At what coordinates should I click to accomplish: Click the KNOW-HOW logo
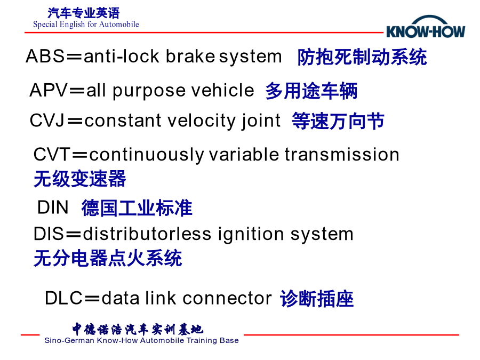click(426, 27)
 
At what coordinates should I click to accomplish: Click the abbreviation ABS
click(45, 57)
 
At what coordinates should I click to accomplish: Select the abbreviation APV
click(49, 90)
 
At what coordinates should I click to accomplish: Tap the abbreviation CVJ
click(47, 121)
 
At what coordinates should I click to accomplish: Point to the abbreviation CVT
click(52, 154)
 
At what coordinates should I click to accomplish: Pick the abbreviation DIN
click(53, 207)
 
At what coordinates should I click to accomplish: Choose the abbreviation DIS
click(49, 234)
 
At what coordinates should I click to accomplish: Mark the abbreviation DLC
click(63, 298)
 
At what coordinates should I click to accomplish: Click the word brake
click(190, 57)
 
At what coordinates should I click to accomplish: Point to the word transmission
click(342, 154)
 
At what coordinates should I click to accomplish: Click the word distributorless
click(147, 234)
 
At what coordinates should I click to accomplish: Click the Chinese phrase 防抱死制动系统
click(362, 57)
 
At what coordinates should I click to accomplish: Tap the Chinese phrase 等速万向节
click(338, 121)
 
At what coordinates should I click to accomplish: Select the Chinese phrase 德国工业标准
click(137, 208)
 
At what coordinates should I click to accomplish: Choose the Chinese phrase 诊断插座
click(317, 299)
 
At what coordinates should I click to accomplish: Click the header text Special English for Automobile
click(86, 25)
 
